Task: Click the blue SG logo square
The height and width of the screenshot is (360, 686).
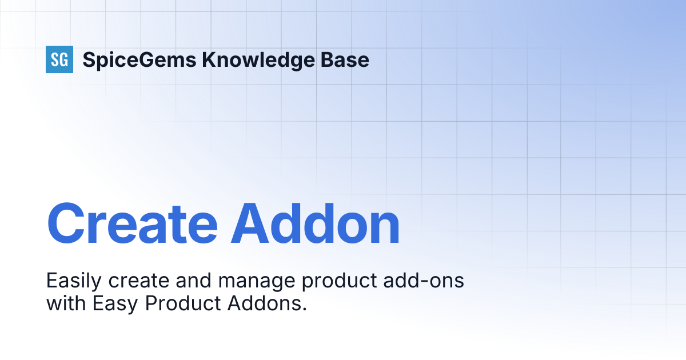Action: click(59, 59)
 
